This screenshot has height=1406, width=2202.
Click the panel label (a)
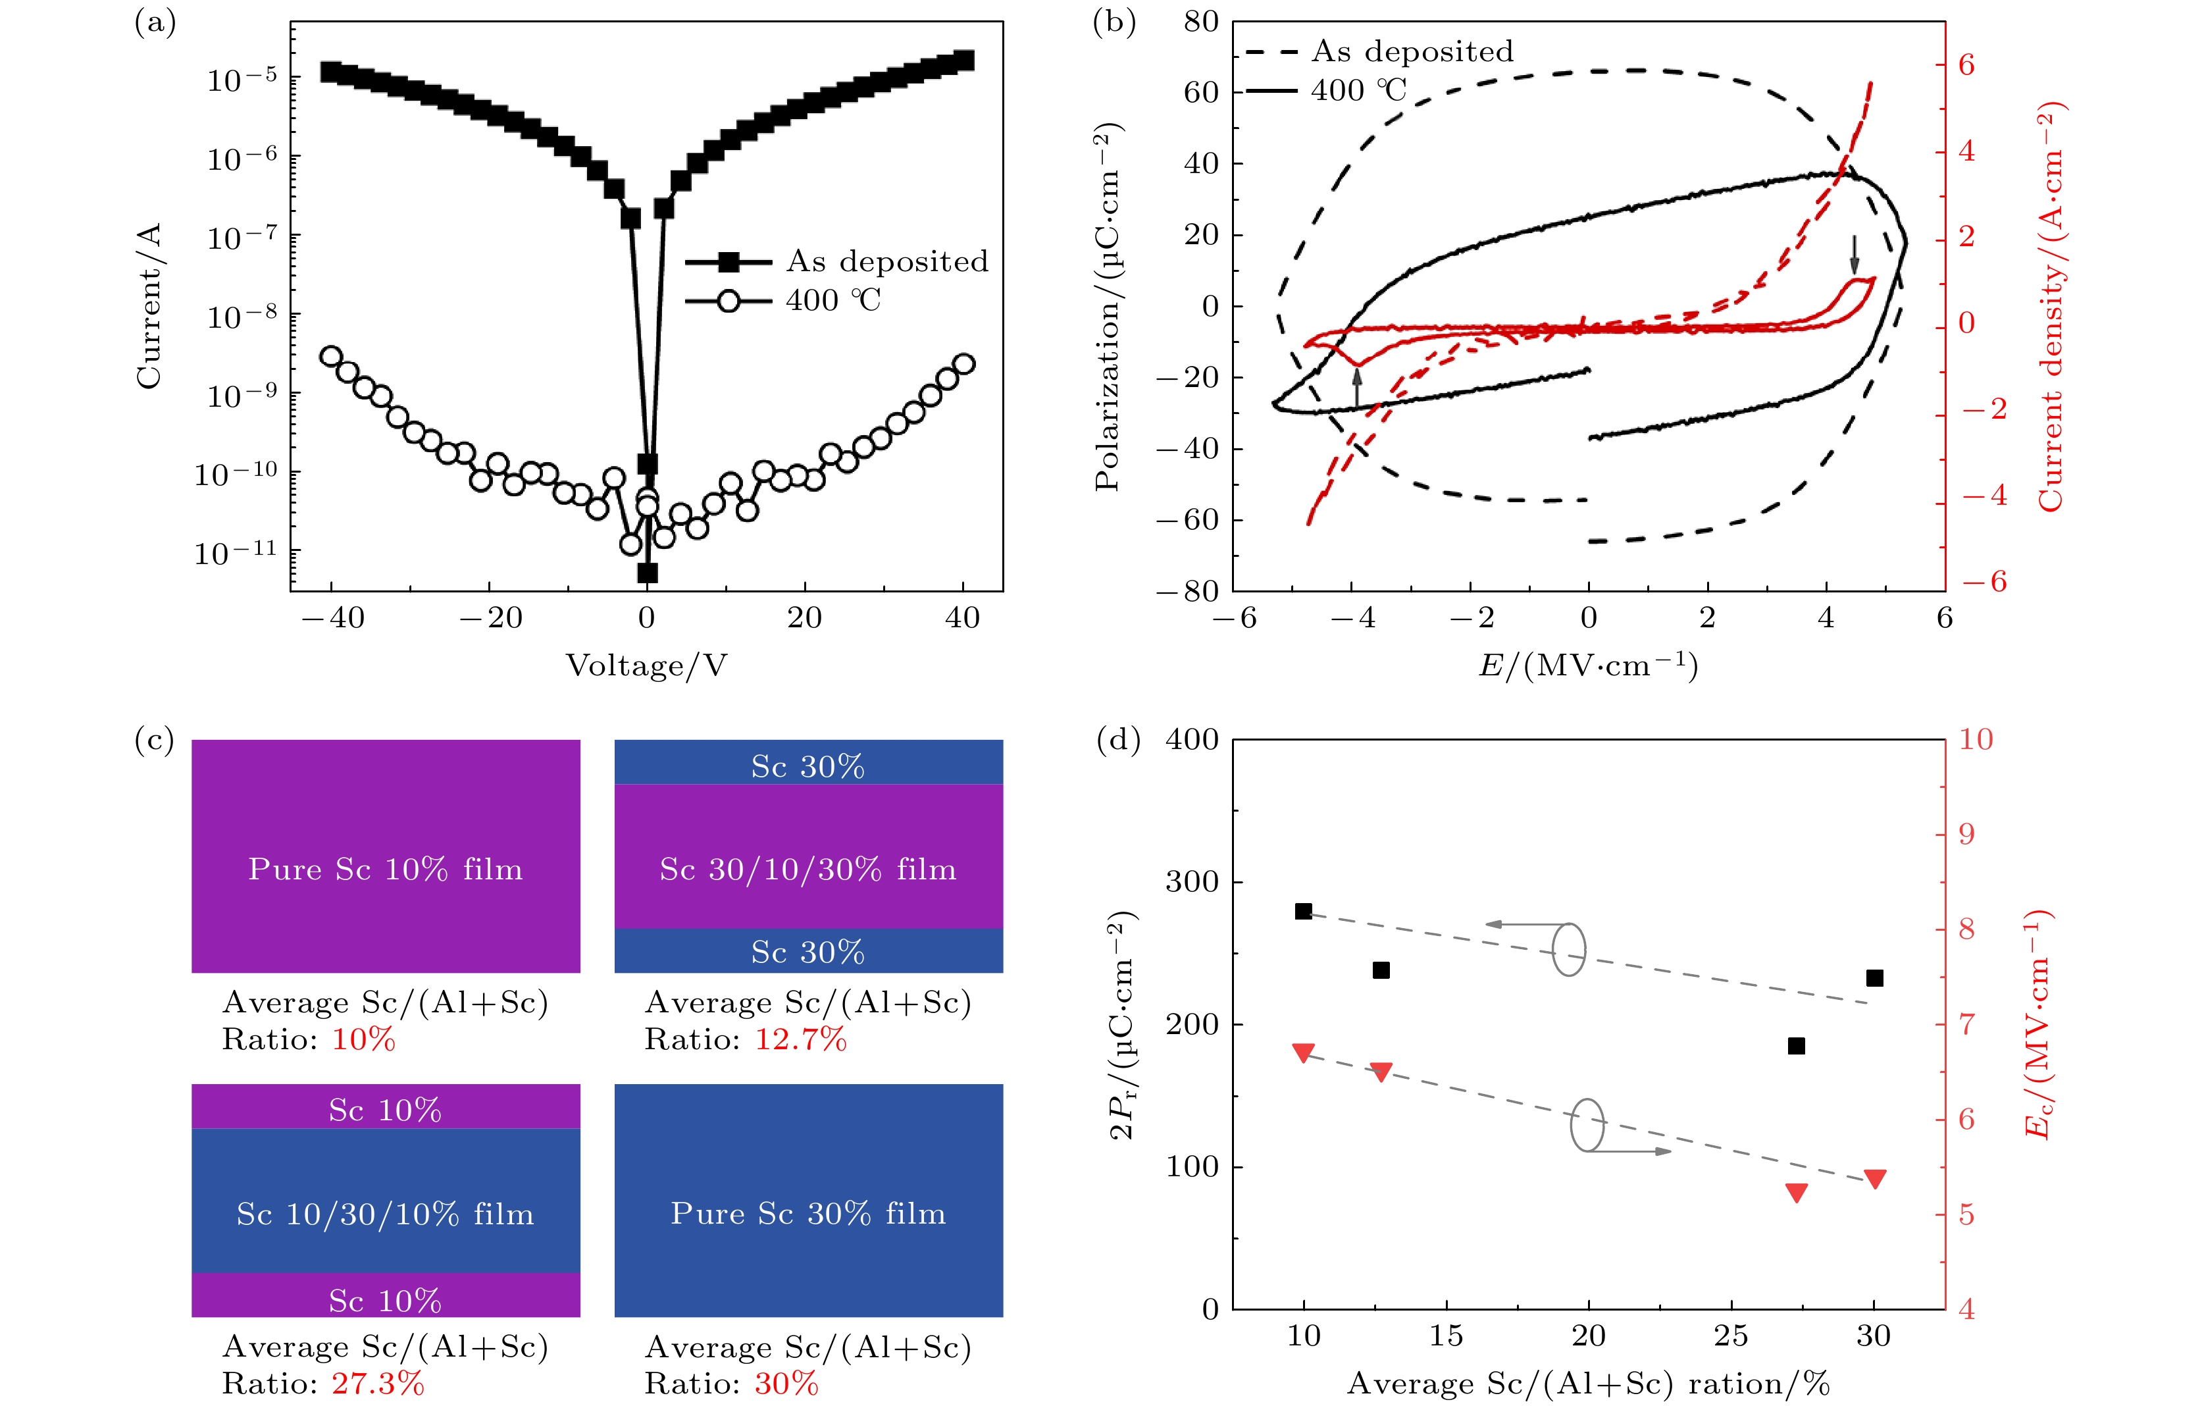point(155,22)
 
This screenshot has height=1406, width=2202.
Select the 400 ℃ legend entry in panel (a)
point(832,301)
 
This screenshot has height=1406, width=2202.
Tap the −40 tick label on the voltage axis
point(333,618)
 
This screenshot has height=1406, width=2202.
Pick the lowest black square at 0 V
point(648,573)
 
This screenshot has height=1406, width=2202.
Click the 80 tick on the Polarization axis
point(1200,21)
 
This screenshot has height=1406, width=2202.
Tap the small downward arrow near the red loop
point(1855,254)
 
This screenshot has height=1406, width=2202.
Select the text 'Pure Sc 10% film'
point(386,869)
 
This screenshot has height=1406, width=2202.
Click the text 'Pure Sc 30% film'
point(808,1214)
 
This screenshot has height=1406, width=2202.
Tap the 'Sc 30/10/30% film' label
point(808,869)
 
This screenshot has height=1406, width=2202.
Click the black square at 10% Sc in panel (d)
point(1304,911)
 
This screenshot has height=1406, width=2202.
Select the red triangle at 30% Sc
point(1875,1179)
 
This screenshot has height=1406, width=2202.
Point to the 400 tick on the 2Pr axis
point(1192,739)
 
